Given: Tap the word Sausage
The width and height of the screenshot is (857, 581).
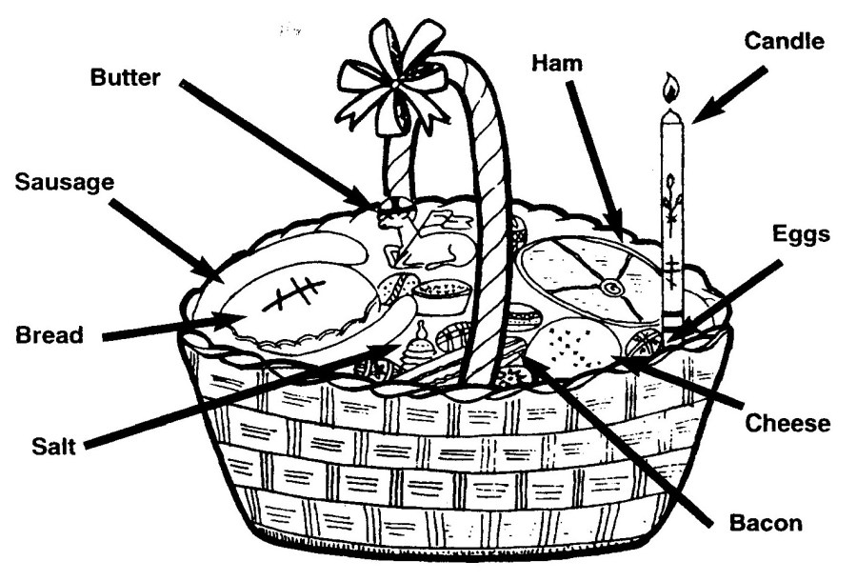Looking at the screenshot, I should tap(63, 181).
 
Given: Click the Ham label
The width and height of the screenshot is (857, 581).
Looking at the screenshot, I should tap(556, 63).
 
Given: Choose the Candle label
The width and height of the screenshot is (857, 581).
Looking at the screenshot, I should tap(784, 41).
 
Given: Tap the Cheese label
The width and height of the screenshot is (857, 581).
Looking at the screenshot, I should tap(787, 422).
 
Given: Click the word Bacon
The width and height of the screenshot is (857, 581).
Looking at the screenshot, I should tap(765, 523).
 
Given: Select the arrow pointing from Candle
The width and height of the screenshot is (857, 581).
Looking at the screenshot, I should tap(728, 93).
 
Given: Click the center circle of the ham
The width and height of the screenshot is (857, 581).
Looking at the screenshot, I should tap(607, 285).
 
